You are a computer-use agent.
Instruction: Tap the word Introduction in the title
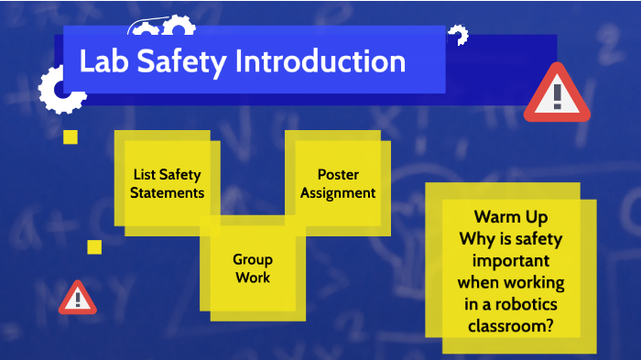(x=320, y=61)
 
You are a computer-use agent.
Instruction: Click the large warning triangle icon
(x=557, y=93)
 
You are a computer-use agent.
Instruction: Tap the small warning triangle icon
(x=78, y=298)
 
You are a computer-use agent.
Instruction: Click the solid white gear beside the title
(x=60, y=90)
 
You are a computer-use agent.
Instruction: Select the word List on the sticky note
(x=144, y=174)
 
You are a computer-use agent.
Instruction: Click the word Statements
(x=167, y=192)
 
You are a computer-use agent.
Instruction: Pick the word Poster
(x=338, y=174)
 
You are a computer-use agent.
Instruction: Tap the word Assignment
(x=338, y=192)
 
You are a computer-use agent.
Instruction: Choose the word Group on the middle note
(x=252, y=260)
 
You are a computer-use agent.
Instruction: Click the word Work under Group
(x=252, y=278)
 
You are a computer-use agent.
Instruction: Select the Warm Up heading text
(x=511, y=217)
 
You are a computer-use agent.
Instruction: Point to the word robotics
(x=530, y=304)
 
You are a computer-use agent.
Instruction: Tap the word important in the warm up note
(x=511, y=260)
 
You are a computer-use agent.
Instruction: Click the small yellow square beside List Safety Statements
(x=70, y=137)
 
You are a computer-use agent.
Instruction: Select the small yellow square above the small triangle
(x=94, y=247)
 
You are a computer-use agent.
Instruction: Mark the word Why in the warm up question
(x=474, y=239)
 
